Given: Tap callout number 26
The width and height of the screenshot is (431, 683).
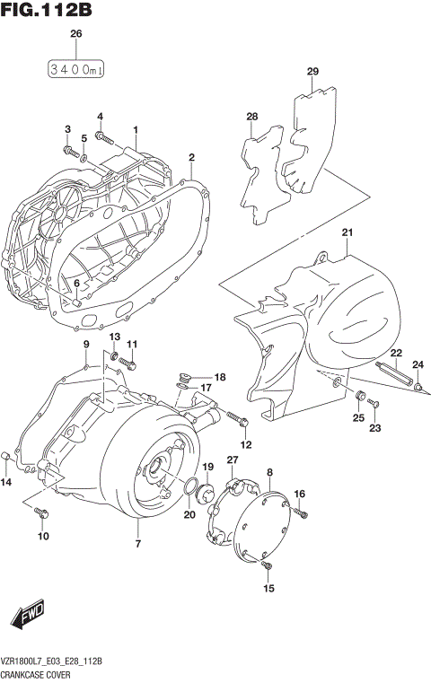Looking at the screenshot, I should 75,34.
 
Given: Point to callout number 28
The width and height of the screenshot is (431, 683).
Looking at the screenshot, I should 252,117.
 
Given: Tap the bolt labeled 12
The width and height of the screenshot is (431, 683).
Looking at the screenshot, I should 237,418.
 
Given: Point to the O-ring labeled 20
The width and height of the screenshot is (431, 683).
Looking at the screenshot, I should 191,487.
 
